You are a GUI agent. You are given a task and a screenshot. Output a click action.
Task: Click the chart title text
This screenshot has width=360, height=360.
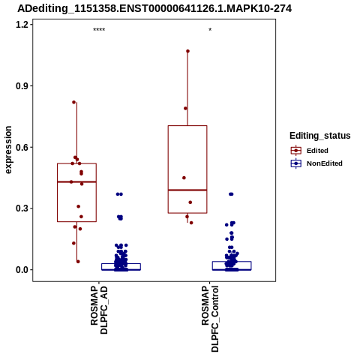[x=154, y=9]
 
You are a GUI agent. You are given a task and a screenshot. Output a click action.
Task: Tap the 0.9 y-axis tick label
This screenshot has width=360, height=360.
[x=22, y=86]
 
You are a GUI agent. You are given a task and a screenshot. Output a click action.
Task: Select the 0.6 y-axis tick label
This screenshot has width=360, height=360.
[x=22, y=147]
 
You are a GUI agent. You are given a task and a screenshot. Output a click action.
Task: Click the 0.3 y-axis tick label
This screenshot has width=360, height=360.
[x=22, y=208]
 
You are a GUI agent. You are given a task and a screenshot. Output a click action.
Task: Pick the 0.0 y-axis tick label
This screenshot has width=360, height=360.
[x=22, y=270]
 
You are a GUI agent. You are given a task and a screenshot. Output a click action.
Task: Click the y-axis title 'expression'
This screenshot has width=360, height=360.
[x=8, y=150]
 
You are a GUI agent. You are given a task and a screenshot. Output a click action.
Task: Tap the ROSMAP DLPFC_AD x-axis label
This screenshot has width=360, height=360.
[x=99, y=310]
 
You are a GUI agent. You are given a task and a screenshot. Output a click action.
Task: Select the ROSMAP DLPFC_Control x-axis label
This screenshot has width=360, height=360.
[x=210, y=319]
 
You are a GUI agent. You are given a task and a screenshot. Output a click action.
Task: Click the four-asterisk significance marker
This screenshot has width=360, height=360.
[x=99, y=30]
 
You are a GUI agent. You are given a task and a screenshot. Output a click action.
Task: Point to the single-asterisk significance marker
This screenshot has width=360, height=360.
[x=210, y=30]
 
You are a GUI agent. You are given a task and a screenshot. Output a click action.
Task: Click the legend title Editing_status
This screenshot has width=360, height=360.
[x=320, y=136]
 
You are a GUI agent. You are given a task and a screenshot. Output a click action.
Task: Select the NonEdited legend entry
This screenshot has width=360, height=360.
[x=316, y=163]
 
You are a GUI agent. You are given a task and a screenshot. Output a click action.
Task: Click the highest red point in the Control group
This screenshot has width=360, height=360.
[x=187, y=51]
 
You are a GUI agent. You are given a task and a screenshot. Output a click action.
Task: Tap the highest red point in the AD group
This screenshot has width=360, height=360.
[x=73, y=102]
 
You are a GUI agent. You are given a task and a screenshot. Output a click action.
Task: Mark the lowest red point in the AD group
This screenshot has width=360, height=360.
[x=78, y=262]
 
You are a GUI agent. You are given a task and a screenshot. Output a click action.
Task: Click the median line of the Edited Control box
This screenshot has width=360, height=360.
[x=187, y=190]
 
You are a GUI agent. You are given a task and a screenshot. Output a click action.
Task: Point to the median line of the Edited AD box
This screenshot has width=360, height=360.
[x=76, y=181]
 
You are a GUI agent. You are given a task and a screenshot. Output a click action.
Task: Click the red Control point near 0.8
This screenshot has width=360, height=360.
[x=185, y=108]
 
